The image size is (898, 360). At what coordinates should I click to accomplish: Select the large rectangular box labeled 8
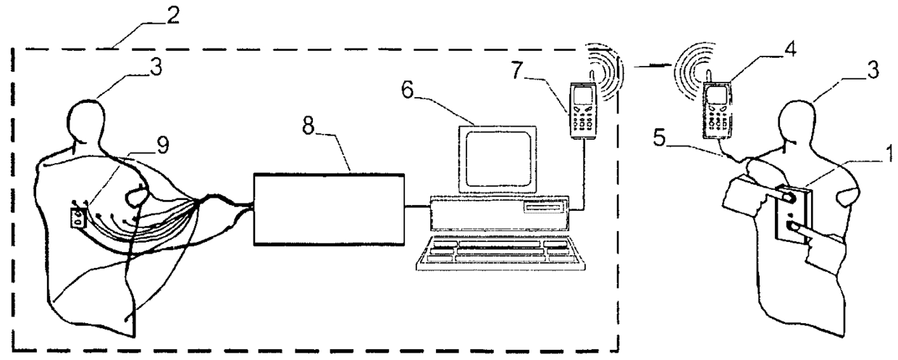coord(328,209)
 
